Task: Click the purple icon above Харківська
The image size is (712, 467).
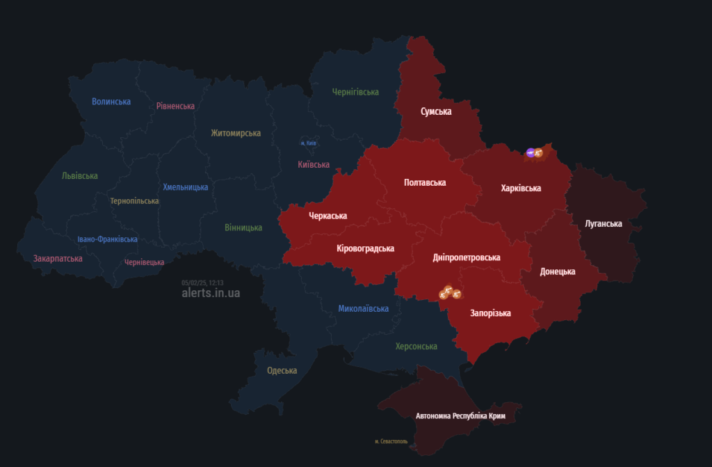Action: pos(531,152)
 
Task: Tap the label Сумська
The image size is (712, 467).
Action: pos(436,111)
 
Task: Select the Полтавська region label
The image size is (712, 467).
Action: pos(425,183)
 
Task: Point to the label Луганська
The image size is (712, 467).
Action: pos(604,224)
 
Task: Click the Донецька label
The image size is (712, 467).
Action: pos(558,271)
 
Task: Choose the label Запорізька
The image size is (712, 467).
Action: pos(490,313)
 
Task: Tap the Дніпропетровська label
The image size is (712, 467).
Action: pos(467,258)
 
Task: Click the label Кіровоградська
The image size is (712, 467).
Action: pos(365,248)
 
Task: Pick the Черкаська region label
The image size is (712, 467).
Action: pos(327,216)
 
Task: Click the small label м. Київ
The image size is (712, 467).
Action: pos(309,143)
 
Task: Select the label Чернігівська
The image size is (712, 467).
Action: pos(355,92)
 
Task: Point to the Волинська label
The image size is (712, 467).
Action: pos(111,102)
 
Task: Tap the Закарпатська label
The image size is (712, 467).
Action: pos(58,259)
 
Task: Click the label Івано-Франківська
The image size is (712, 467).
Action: pos(107,239)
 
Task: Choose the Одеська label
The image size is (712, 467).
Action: pos(282,370)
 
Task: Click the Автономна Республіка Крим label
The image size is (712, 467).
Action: pos(460,416)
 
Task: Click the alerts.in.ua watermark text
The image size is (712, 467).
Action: pos(211,293)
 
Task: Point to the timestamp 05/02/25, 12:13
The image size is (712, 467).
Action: pos(207,283)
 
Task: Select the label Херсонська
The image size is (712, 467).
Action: pos(416,347)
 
